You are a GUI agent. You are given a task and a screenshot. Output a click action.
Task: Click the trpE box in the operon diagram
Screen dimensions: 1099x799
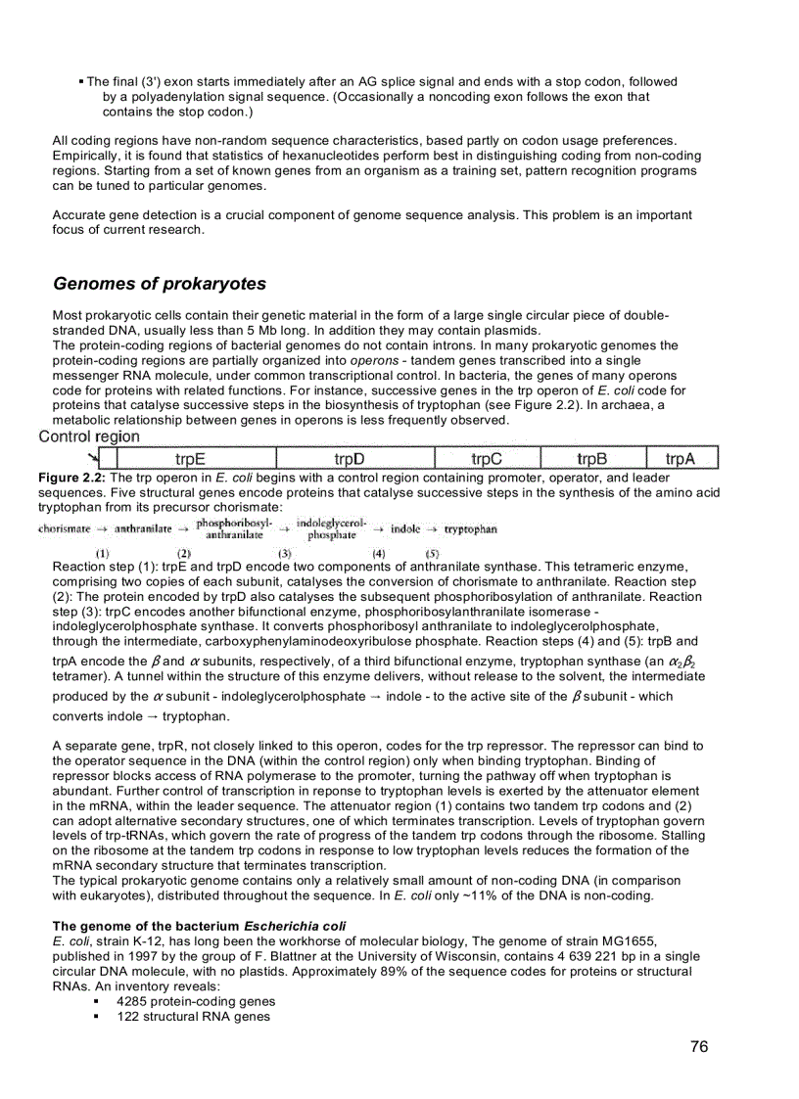point(190,458)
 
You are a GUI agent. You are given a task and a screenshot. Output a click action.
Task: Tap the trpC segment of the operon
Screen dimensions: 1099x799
point(487,458)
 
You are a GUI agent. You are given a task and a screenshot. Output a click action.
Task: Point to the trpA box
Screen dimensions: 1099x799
point(681,458)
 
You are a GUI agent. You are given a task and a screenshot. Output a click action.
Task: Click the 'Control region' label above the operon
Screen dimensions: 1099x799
point(89,436)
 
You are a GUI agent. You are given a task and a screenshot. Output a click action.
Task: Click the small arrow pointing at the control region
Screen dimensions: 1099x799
point(93,454)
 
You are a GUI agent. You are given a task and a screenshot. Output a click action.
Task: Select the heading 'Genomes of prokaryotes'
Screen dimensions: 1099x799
point(159,284)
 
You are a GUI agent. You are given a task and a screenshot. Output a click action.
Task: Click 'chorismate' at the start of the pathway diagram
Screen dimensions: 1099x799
point(65,529)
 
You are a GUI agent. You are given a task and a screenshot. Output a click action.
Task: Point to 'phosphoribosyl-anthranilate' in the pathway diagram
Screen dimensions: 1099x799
point(234,529)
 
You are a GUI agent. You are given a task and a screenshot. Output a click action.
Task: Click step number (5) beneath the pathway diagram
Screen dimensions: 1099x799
point(432,553)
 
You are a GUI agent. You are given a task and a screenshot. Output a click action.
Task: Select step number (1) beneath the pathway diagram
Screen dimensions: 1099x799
point(101,553)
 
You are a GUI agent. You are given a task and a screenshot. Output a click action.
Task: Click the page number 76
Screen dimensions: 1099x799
point(699,1047)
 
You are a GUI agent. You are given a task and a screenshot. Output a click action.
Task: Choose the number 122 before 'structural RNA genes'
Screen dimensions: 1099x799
point(128,1017)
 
